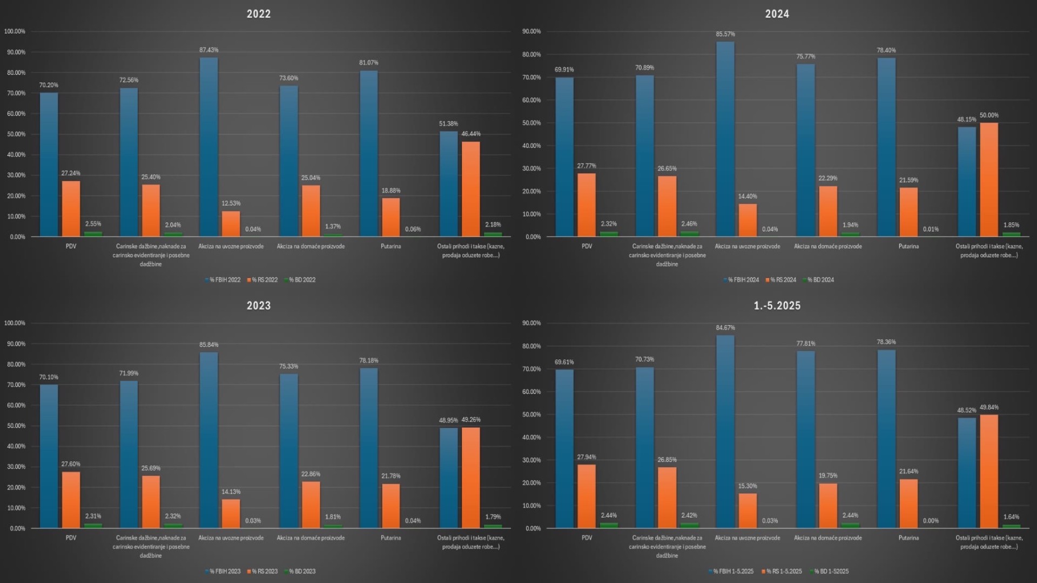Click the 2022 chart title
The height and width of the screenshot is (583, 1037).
(x=259, y=14)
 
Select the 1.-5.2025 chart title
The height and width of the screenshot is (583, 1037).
(x=777, y=306)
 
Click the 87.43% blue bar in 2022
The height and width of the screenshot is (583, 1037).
(x=208, y=147)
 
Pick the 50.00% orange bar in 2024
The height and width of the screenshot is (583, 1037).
(x=989, y=179)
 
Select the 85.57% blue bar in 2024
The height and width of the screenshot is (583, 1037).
(x=725, y=139)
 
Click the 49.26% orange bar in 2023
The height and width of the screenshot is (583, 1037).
(x=470, y=477)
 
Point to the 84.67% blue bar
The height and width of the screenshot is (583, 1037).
(x=725, y=431)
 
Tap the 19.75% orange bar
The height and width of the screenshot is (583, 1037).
(x=828, y=505)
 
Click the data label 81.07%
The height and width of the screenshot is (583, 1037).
(x=369, y=63)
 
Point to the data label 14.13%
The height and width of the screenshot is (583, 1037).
(x=231, y=492)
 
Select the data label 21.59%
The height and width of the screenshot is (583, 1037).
(x=908, y=180)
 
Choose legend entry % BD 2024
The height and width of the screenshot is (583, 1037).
(x=820, y=280)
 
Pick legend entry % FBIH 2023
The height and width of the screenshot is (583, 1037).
(x=225, y=571)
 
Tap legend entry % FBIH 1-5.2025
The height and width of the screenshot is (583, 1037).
(x=733, y=571)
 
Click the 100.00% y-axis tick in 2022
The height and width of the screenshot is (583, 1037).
(x=15, y=31)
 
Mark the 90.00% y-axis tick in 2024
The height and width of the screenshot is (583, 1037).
(x=531, y=31)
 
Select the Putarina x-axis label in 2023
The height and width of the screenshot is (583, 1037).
(x=390, y=538)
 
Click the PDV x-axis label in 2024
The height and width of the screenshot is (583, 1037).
(x=587, y=246)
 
